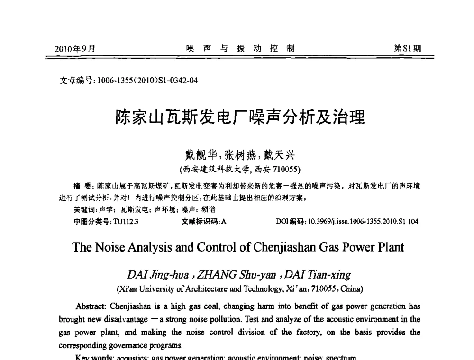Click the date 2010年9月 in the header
pos(75,48)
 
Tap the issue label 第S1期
pos(407,48)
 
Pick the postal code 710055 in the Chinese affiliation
pos(287,168)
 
